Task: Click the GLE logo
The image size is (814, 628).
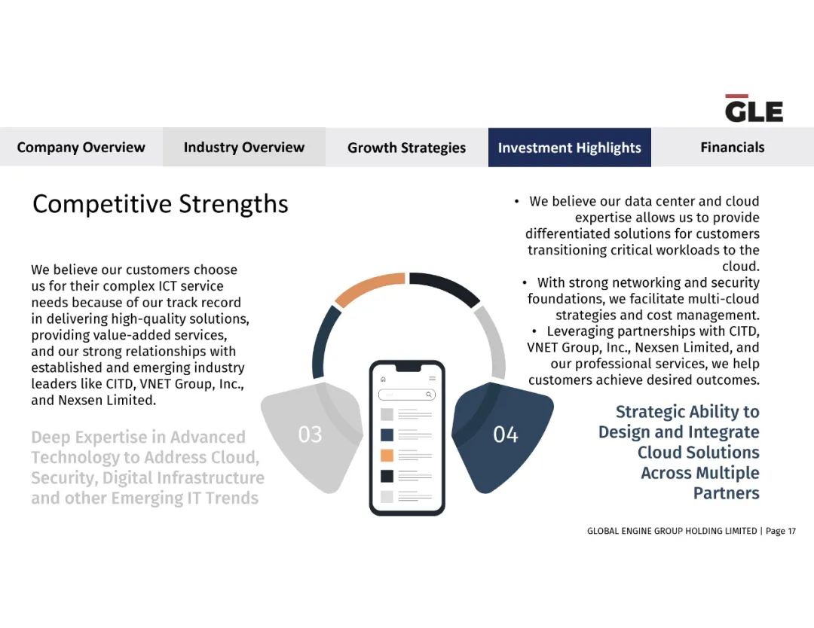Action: point(754,108)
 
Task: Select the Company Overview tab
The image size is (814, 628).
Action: point(81,148)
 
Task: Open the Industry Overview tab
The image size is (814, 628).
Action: point(244,148)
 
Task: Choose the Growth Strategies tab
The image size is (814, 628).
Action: point(406,148)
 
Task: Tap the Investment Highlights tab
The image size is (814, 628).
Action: point(570,148)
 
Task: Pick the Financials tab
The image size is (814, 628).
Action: point(733,148)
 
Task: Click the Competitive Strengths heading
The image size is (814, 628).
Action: point(160,204)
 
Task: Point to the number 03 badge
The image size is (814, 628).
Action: point(310,434)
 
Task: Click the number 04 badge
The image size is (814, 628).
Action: point(505,434)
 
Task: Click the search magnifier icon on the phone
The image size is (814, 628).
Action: point(429,395)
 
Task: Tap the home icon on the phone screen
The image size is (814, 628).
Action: point(383,379)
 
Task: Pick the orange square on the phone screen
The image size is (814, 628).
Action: point(387,456)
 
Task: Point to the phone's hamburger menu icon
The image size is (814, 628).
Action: point(432,379)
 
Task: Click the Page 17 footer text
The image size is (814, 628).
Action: point(781,531)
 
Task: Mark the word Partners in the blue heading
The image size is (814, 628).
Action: point(727,493)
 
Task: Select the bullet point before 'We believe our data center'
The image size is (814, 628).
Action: point(516,201)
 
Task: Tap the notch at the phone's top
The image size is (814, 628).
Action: point(407,367)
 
